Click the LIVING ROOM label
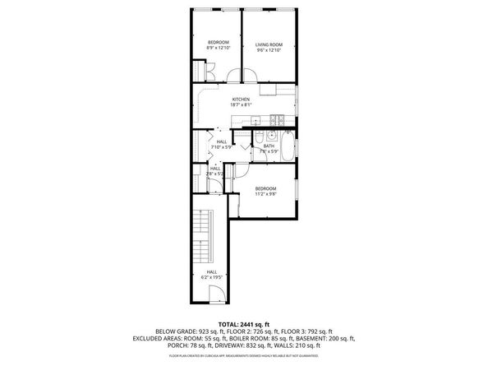269,44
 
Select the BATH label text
269,146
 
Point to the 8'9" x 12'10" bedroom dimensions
217,49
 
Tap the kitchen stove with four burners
279,118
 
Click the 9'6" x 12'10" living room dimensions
269,49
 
